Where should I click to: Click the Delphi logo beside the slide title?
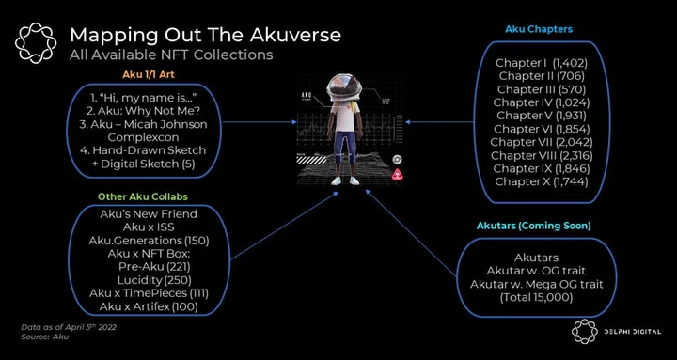pyautogui.click(x=36, y=43)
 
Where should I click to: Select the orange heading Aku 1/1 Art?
pyautogui.click(x=149, y=74)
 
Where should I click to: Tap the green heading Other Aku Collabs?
pyautogui.click(x=143, y=196)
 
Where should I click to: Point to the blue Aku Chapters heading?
pyautogui.click(x=539, y=29)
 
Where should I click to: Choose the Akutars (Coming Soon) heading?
pyautogui.click(x=534, y=226)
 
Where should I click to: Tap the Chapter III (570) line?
pyautogui.click(x=542, y=89)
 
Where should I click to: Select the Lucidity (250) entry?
pyautogui.click(x=154, y=280)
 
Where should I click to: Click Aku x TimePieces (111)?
pyautogui.click(x=149, y=293)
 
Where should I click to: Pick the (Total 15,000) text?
pyautogui.click(x=537, y=297)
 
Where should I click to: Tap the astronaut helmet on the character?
pyautogui.click(x=344, y=86)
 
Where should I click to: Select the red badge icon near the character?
pyautogui.click(x=397, y=175)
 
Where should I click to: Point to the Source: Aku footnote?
pyautogui.click(x=45, y=337)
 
